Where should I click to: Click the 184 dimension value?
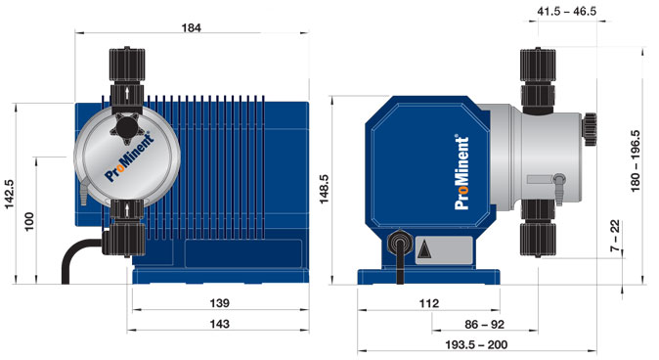coord(192,27)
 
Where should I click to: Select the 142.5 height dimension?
coord(9,194)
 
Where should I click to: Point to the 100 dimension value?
coord(29,222)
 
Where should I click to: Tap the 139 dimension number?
coord(219,303)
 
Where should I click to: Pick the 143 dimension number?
coord(219,324)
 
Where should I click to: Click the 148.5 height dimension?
coord(324,189)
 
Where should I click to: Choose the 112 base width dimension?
coord(429,303)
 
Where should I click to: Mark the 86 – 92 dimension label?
coord(485,324)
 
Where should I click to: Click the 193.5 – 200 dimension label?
coord(476,345)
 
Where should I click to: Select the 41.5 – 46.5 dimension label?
coord(566,12)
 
